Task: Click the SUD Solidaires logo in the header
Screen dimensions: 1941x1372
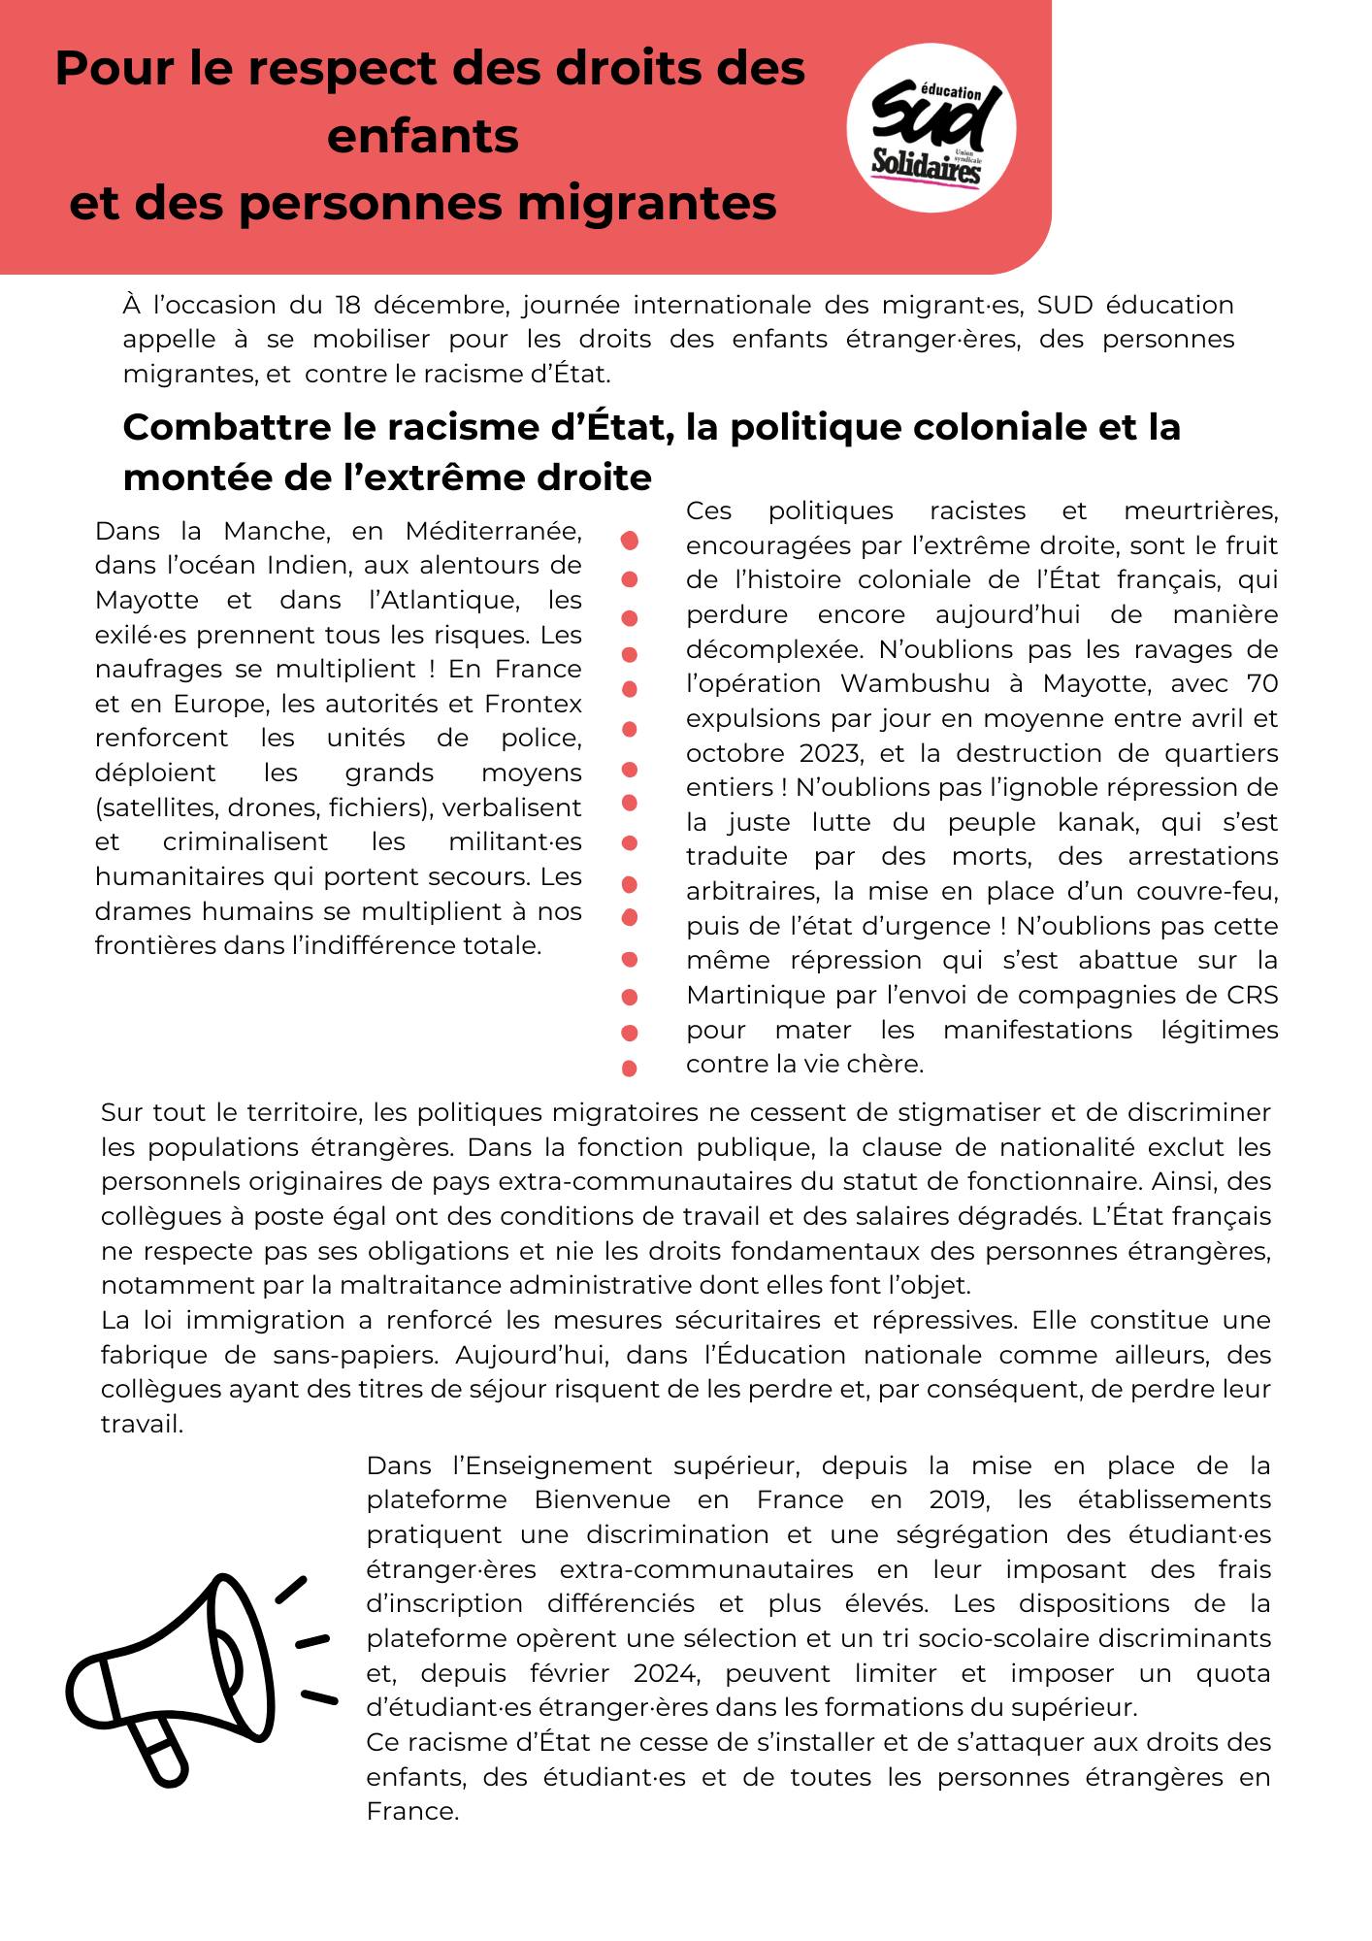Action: coord(931,128)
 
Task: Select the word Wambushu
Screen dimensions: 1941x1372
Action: coord(914,684)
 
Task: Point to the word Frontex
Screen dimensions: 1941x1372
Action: coord(533,704)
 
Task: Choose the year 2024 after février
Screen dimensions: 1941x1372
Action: coord(666,1673)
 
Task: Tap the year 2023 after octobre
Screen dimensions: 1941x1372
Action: coord(833,754)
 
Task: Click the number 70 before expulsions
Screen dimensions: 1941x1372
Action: coord(1261,684)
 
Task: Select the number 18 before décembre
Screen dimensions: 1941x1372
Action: coord(347,306)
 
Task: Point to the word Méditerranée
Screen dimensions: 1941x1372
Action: coord(493,532)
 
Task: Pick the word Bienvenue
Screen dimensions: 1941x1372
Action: coord(602,1500)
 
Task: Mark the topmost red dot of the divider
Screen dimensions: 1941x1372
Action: coord(629,540)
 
